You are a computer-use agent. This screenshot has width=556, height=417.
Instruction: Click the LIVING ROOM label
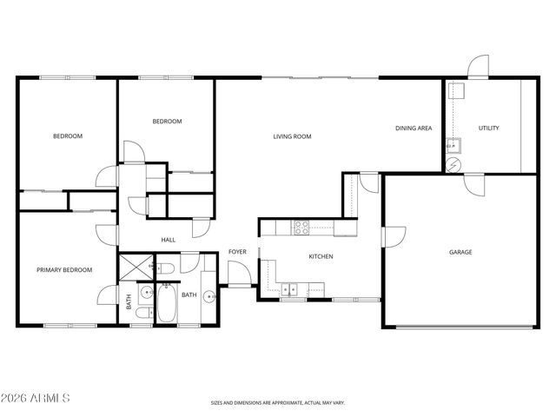(292, 136)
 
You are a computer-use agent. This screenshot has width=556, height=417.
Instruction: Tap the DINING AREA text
(414, 129)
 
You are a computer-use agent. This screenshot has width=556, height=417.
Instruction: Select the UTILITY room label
(488, 129)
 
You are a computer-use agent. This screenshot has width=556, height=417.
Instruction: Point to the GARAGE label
(460, 252)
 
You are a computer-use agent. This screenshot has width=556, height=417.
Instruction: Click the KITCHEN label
(321, 256)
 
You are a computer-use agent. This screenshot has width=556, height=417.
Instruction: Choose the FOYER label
(238, 252)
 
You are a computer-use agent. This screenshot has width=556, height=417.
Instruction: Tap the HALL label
(169, 240)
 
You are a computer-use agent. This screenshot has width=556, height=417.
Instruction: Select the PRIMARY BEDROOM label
(64, 270)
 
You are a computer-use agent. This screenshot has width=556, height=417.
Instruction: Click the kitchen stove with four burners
(301, 228)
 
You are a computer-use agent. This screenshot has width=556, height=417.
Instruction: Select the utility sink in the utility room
(453, 144)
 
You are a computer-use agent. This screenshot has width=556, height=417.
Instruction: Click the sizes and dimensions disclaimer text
(277, 402)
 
